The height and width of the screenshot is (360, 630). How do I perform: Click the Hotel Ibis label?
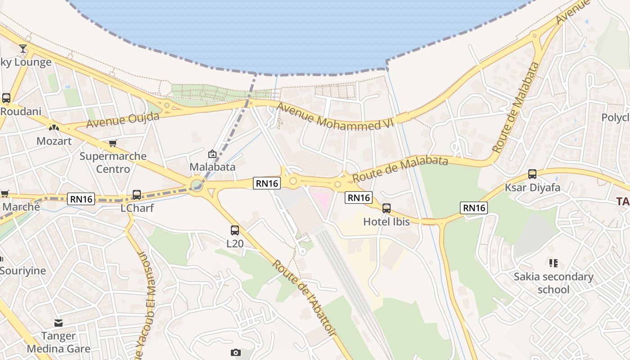[387, 221]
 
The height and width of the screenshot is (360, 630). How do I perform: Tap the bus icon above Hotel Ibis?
[386, 208]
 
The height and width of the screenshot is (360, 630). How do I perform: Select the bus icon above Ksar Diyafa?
[532, 174]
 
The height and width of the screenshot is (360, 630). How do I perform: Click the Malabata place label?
[212, 167]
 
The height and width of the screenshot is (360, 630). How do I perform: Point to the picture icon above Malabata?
[212, 154]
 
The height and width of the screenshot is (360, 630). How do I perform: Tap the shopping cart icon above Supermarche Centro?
[112, 143]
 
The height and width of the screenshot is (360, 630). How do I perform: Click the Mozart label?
[54, 141]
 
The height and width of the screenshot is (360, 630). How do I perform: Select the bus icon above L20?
[235, 230]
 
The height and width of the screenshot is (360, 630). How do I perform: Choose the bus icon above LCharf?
[137, 195]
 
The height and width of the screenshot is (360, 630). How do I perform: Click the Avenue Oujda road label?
[122, 120]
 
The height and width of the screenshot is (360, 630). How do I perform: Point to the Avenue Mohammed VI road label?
[335, 117]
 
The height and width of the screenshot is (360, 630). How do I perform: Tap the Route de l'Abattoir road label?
[304, 297]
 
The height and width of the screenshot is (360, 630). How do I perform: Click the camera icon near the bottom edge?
[236, 352]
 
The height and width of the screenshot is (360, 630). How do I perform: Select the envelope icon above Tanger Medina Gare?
[58, 323]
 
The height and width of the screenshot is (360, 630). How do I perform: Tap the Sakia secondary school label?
[553, 283]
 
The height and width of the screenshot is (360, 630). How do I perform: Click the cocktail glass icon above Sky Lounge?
[23, 49]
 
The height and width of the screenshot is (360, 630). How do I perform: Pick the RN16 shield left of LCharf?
[81, 198]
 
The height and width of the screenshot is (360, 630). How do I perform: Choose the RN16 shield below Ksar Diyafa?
[474, 207]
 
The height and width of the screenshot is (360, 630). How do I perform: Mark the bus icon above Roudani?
[6, 98]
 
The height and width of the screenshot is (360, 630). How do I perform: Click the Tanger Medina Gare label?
[58, 342]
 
